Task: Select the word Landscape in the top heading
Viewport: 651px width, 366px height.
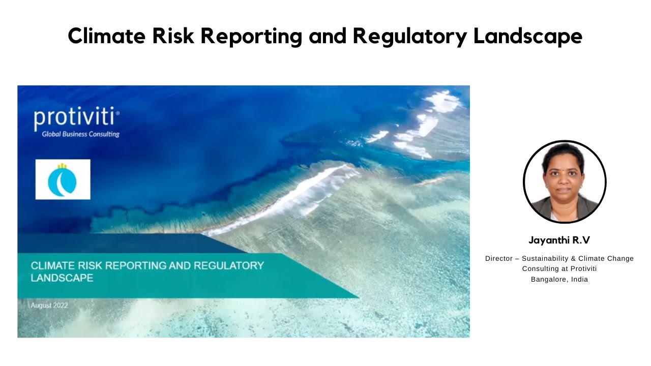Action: click(527, 36)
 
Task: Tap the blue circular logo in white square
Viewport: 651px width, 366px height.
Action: click(63, 179)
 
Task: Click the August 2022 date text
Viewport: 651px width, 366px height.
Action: click(49, 306)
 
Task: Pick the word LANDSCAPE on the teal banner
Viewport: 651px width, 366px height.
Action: click(62, 278)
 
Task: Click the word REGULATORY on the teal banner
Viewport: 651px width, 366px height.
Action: click(229, 265)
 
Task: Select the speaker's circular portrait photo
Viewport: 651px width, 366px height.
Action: click(564, 181)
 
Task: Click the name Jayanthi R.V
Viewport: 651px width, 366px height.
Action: click(559, 240)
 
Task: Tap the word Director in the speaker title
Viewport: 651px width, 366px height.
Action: click(498, 259)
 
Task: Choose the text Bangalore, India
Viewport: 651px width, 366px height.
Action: click(559, 279)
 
